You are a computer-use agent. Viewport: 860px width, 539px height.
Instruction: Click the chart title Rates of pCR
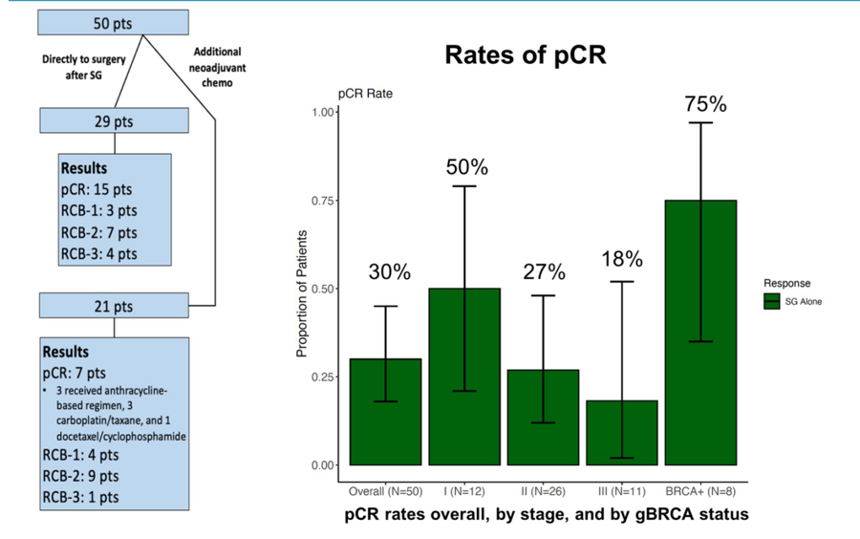tap(526, 55)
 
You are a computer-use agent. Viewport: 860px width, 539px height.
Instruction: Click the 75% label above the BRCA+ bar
tap(705, 104)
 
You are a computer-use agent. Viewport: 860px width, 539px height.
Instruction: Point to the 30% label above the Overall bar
tap(390, 272)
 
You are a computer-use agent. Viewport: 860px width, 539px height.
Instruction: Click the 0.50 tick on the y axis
tap(323, 289)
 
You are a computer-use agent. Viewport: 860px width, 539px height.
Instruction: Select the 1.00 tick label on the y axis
tap(323, 112)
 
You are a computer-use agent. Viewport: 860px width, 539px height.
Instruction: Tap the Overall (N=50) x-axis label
tap(384, 490)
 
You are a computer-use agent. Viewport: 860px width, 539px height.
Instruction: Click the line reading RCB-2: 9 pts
tap(81, 475)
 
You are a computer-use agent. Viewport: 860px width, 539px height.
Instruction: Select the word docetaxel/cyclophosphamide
tap(118, 436)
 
